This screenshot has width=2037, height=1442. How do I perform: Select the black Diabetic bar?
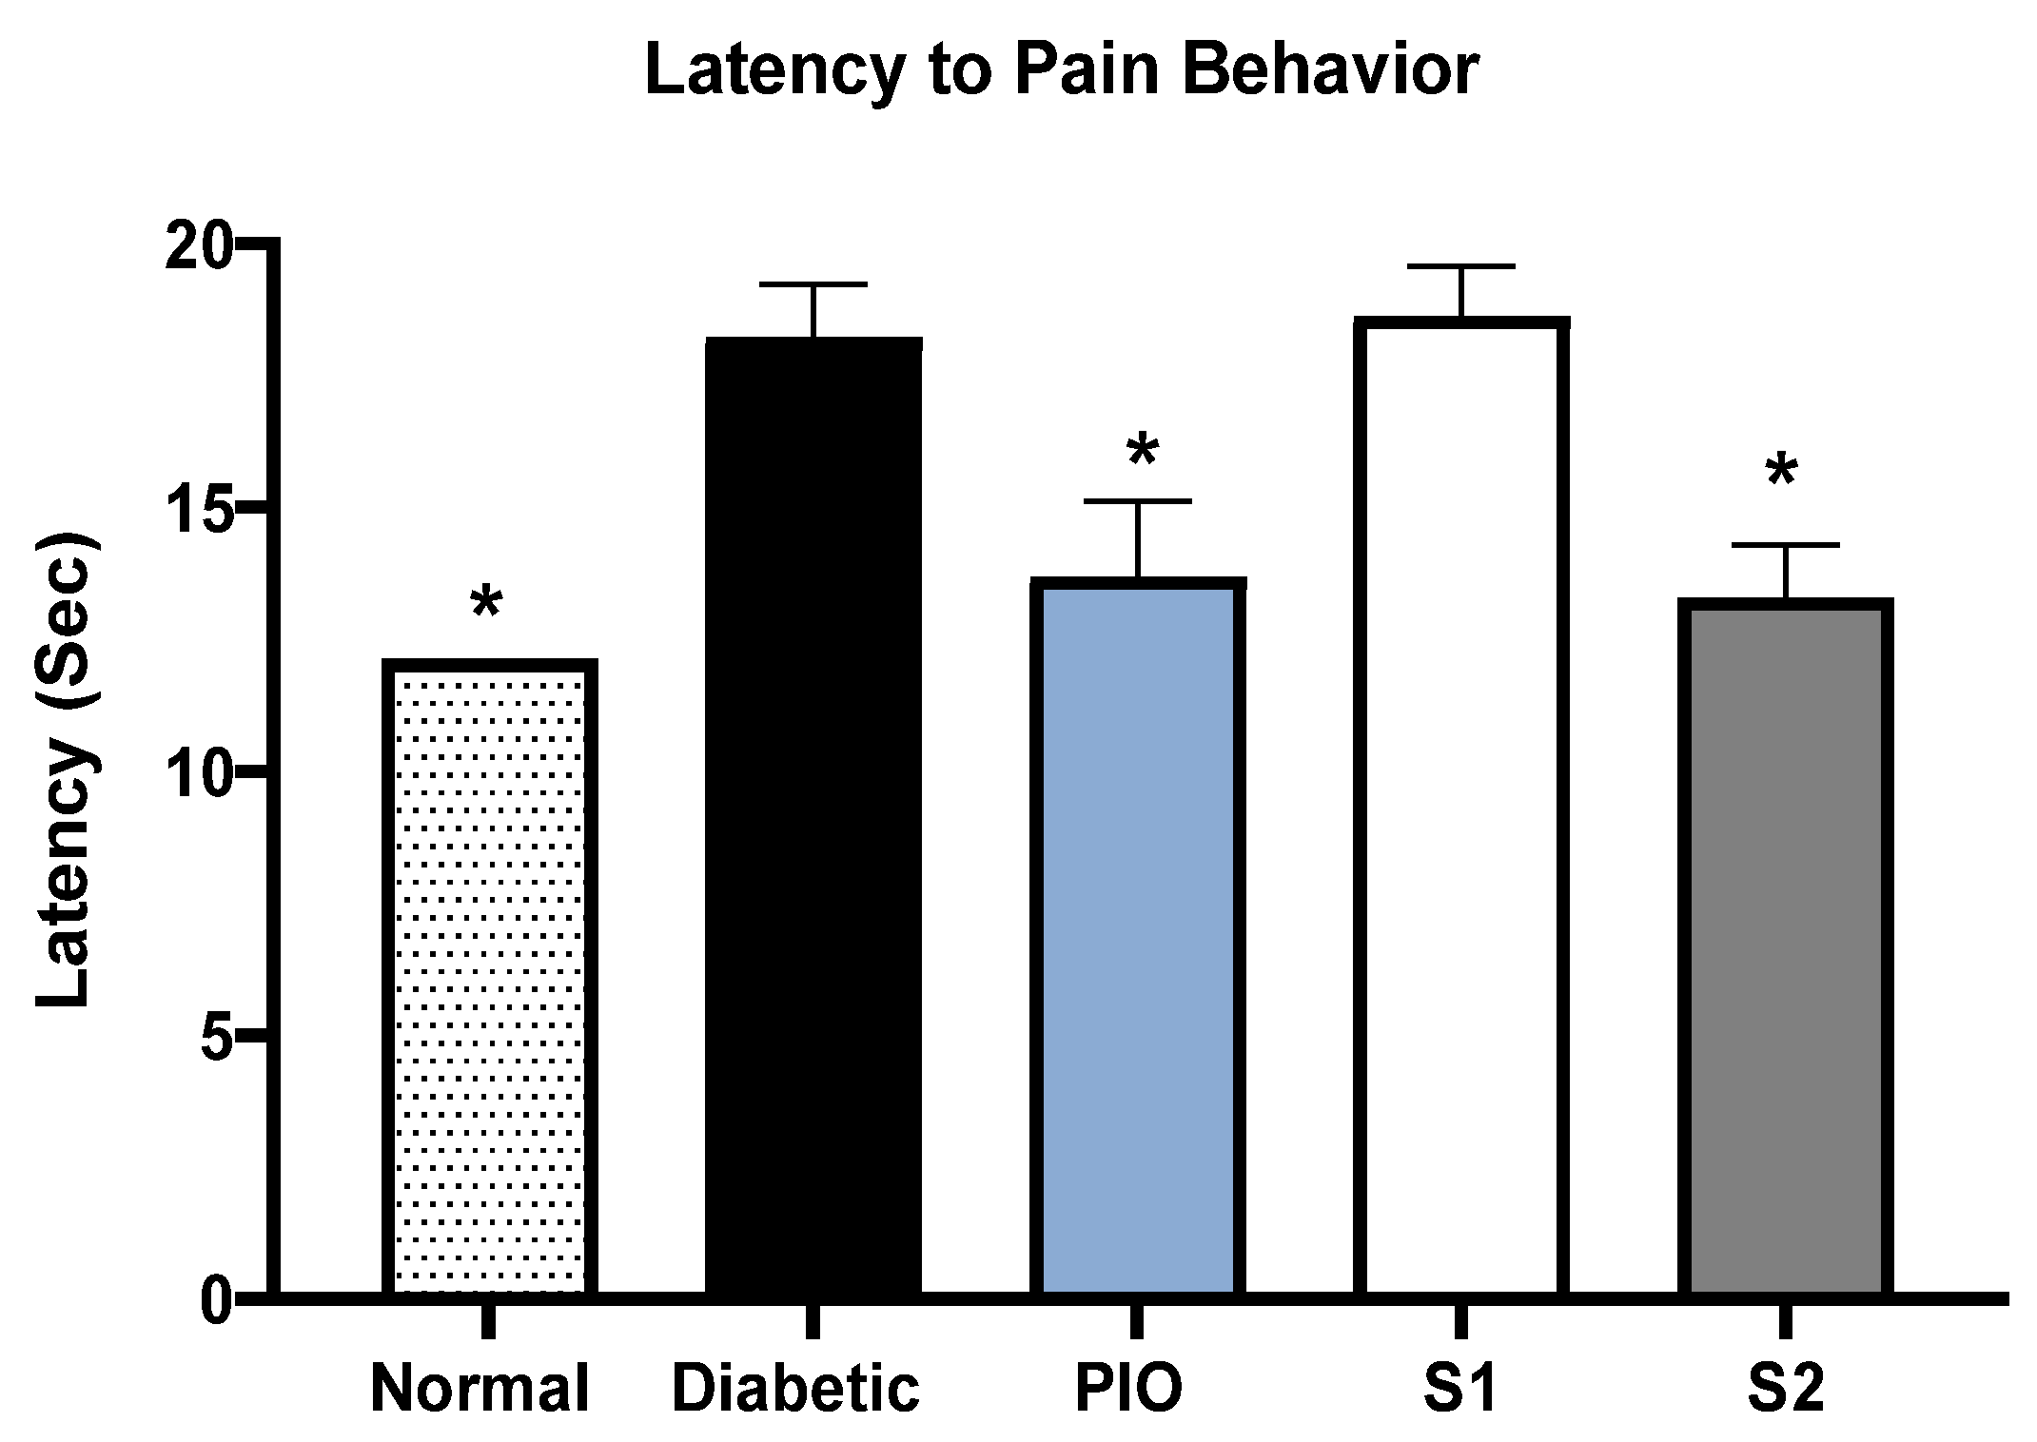[813, 815]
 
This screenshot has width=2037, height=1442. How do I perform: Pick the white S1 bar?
[1461, 806]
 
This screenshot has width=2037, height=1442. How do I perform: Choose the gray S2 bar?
[1786, 946]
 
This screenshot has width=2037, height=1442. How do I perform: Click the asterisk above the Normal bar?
[486, 603]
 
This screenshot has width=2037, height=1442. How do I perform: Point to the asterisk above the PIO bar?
[1142, 450]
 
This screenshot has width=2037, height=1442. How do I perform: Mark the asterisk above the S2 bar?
[1780, 472]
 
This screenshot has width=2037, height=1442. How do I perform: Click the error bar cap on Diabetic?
[813, 284]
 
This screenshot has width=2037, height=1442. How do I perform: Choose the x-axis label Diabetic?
[796, 1389]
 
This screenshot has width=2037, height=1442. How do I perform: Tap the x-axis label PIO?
[1128, 1389]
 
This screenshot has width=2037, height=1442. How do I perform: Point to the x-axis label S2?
[1786, 1389]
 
